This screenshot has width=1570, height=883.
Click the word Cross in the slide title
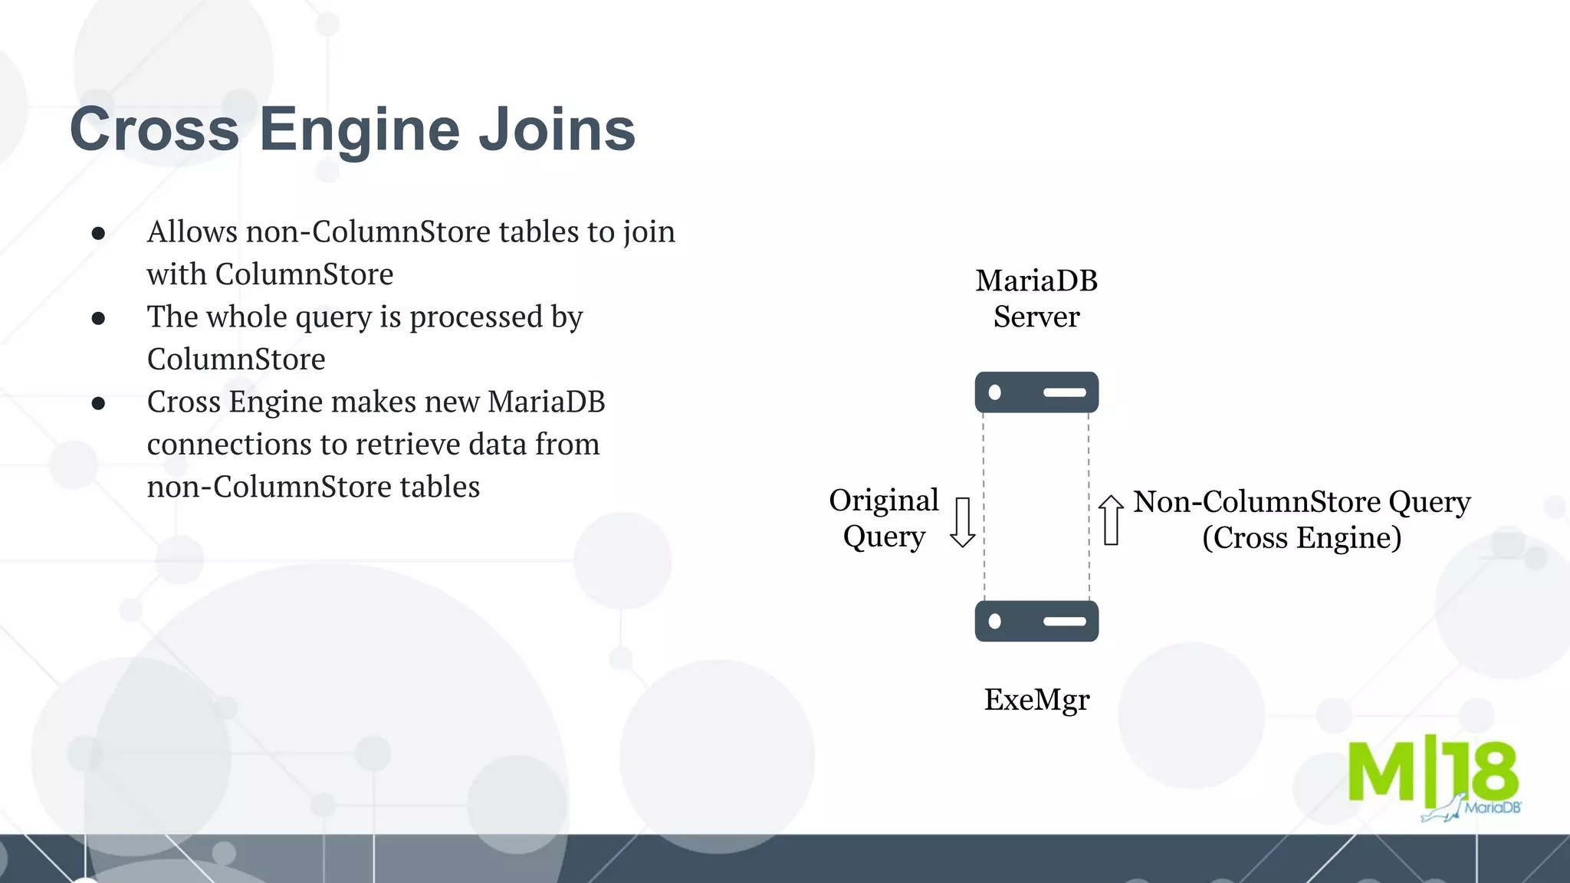click(x=154, y=130)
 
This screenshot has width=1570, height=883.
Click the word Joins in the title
click(x=557, y=130)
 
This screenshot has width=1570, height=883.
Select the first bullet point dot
click(x=98, y=233)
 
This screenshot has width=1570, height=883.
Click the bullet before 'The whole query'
click(x=98, y=318)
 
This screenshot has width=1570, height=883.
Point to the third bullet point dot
click(x=98, y=403)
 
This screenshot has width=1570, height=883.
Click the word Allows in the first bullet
click(x=192, y=231)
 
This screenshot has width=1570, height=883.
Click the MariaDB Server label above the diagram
click(x=1036, y=299)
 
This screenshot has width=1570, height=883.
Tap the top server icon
click(x=1036, y=392)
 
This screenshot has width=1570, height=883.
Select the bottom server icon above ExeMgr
click(x=1036, y=621)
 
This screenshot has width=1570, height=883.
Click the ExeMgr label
click(x=1036, y=700)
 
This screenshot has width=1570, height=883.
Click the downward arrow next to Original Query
click(x=962, y=522)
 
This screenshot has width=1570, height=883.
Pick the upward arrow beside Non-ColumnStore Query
click(x=1111, y=520)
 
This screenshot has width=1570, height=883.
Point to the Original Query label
click(x=884, y=518)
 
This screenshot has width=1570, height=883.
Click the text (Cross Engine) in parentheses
click(x=1302, y=538)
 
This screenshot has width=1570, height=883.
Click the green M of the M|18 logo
click(x=1381, y=770)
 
